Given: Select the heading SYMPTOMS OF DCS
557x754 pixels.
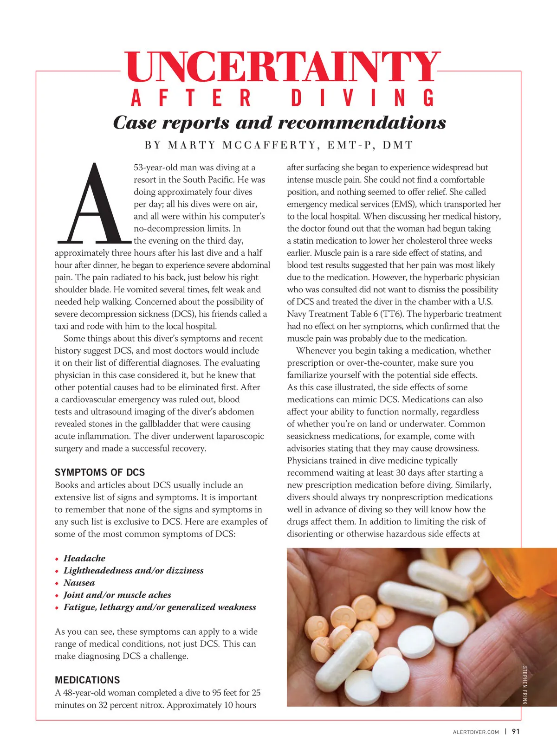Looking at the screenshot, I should [x=100, y=472].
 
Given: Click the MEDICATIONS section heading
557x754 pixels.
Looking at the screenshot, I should [x=87, y=680].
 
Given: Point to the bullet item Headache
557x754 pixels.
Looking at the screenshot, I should [x=84, y=558].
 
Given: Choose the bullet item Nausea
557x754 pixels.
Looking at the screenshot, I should [x=79, y=583].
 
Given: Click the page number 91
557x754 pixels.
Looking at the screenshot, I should [x=516, y=731].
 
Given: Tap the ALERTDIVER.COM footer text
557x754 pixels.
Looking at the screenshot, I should [x=476, y=732].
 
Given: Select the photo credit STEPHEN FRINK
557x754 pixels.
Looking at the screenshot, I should [x=525, y=685].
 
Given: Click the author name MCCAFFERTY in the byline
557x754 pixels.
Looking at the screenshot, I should [x=269, y=145].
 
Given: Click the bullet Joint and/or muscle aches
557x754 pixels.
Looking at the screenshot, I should [x=117, y=595].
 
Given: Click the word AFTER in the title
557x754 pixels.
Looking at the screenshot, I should [x=191, y=98].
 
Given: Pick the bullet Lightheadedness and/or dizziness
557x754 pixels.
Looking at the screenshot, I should [x=133, y=571].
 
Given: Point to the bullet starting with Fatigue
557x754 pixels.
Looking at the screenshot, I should [x=160, y=607].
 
